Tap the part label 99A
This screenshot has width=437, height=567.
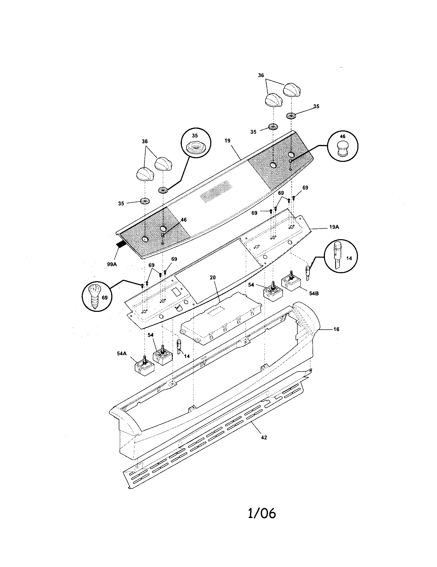112,264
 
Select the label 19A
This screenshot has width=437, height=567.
334,227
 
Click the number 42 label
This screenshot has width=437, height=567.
264,437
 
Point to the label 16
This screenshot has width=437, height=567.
336,329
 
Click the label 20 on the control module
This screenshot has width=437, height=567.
213,278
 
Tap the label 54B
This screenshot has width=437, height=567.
314,293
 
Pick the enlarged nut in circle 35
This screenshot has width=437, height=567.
195,148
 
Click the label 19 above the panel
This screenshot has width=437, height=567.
227,141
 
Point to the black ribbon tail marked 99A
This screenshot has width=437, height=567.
120,244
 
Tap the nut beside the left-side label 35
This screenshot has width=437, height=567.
144,201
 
